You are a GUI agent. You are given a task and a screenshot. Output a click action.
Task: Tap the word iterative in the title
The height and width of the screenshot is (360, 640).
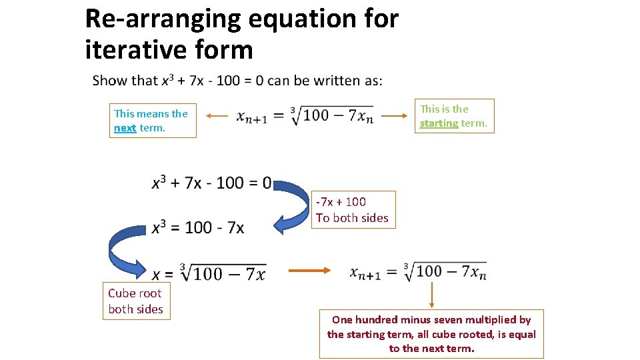125,49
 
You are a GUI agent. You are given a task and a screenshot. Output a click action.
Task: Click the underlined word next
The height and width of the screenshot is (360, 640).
125,128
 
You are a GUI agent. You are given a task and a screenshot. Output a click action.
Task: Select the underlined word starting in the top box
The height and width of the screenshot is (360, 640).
439,123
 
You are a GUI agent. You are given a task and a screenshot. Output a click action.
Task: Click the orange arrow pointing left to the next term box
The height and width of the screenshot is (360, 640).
217,116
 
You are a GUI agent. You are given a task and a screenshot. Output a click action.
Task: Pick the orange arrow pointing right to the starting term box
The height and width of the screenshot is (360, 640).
393,115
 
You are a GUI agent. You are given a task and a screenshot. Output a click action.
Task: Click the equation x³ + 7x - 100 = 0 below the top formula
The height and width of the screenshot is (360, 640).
211,183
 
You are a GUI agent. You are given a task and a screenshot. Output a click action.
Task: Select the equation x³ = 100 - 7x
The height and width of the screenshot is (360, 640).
197,227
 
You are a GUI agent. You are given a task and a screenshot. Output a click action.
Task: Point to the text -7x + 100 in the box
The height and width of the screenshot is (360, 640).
341,201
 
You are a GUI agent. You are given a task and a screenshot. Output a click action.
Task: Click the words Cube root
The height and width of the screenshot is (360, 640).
135,293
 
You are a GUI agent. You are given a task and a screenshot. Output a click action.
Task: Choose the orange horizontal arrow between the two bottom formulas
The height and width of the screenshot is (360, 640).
309,271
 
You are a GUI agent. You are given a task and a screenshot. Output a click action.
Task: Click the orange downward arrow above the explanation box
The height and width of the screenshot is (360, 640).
431,294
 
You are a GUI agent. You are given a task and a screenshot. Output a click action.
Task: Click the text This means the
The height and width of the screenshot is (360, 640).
151,113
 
